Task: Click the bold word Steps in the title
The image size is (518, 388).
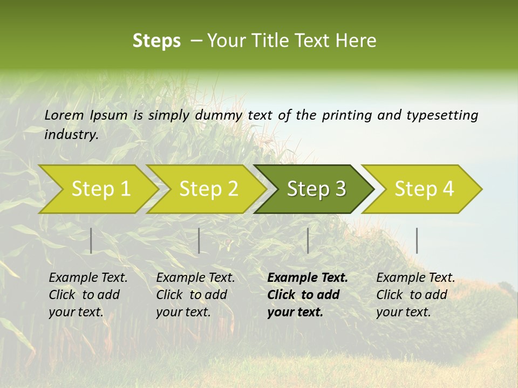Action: [156, 41]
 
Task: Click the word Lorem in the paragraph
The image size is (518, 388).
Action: [64, 115]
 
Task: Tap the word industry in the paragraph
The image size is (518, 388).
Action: [71, 134]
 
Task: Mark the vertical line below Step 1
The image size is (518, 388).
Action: [91, 240]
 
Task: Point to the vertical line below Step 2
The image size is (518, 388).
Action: [199, 240]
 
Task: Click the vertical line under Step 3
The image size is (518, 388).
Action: [308, 240]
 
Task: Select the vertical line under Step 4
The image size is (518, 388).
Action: [417, 240]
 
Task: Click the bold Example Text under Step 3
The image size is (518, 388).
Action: [308, 278]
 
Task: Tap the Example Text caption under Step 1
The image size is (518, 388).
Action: [88, 278]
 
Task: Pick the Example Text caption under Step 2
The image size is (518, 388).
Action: [195, 278]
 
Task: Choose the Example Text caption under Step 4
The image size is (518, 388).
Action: [415, 278]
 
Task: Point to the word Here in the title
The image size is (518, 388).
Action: [357, 41]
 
